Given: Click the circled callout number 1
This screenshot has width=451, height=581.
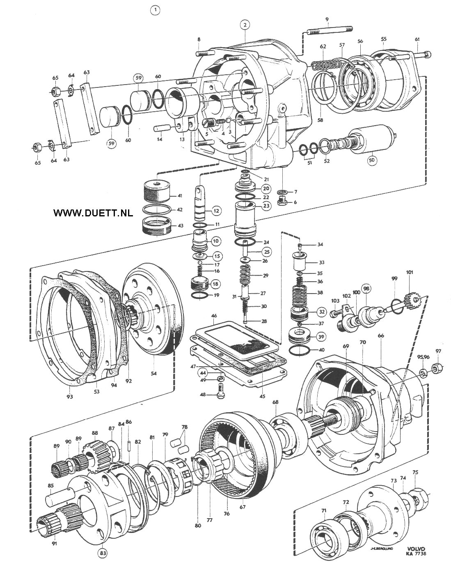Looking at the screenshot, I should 155,10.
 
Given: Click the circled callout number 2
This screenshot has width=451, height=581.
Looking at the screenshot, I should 245,25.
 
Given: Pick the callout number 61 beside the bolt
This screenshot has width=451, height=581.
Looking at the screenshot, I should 417,39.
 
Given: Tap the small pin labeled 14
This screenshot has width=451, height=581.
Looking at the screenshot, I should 161,128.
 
